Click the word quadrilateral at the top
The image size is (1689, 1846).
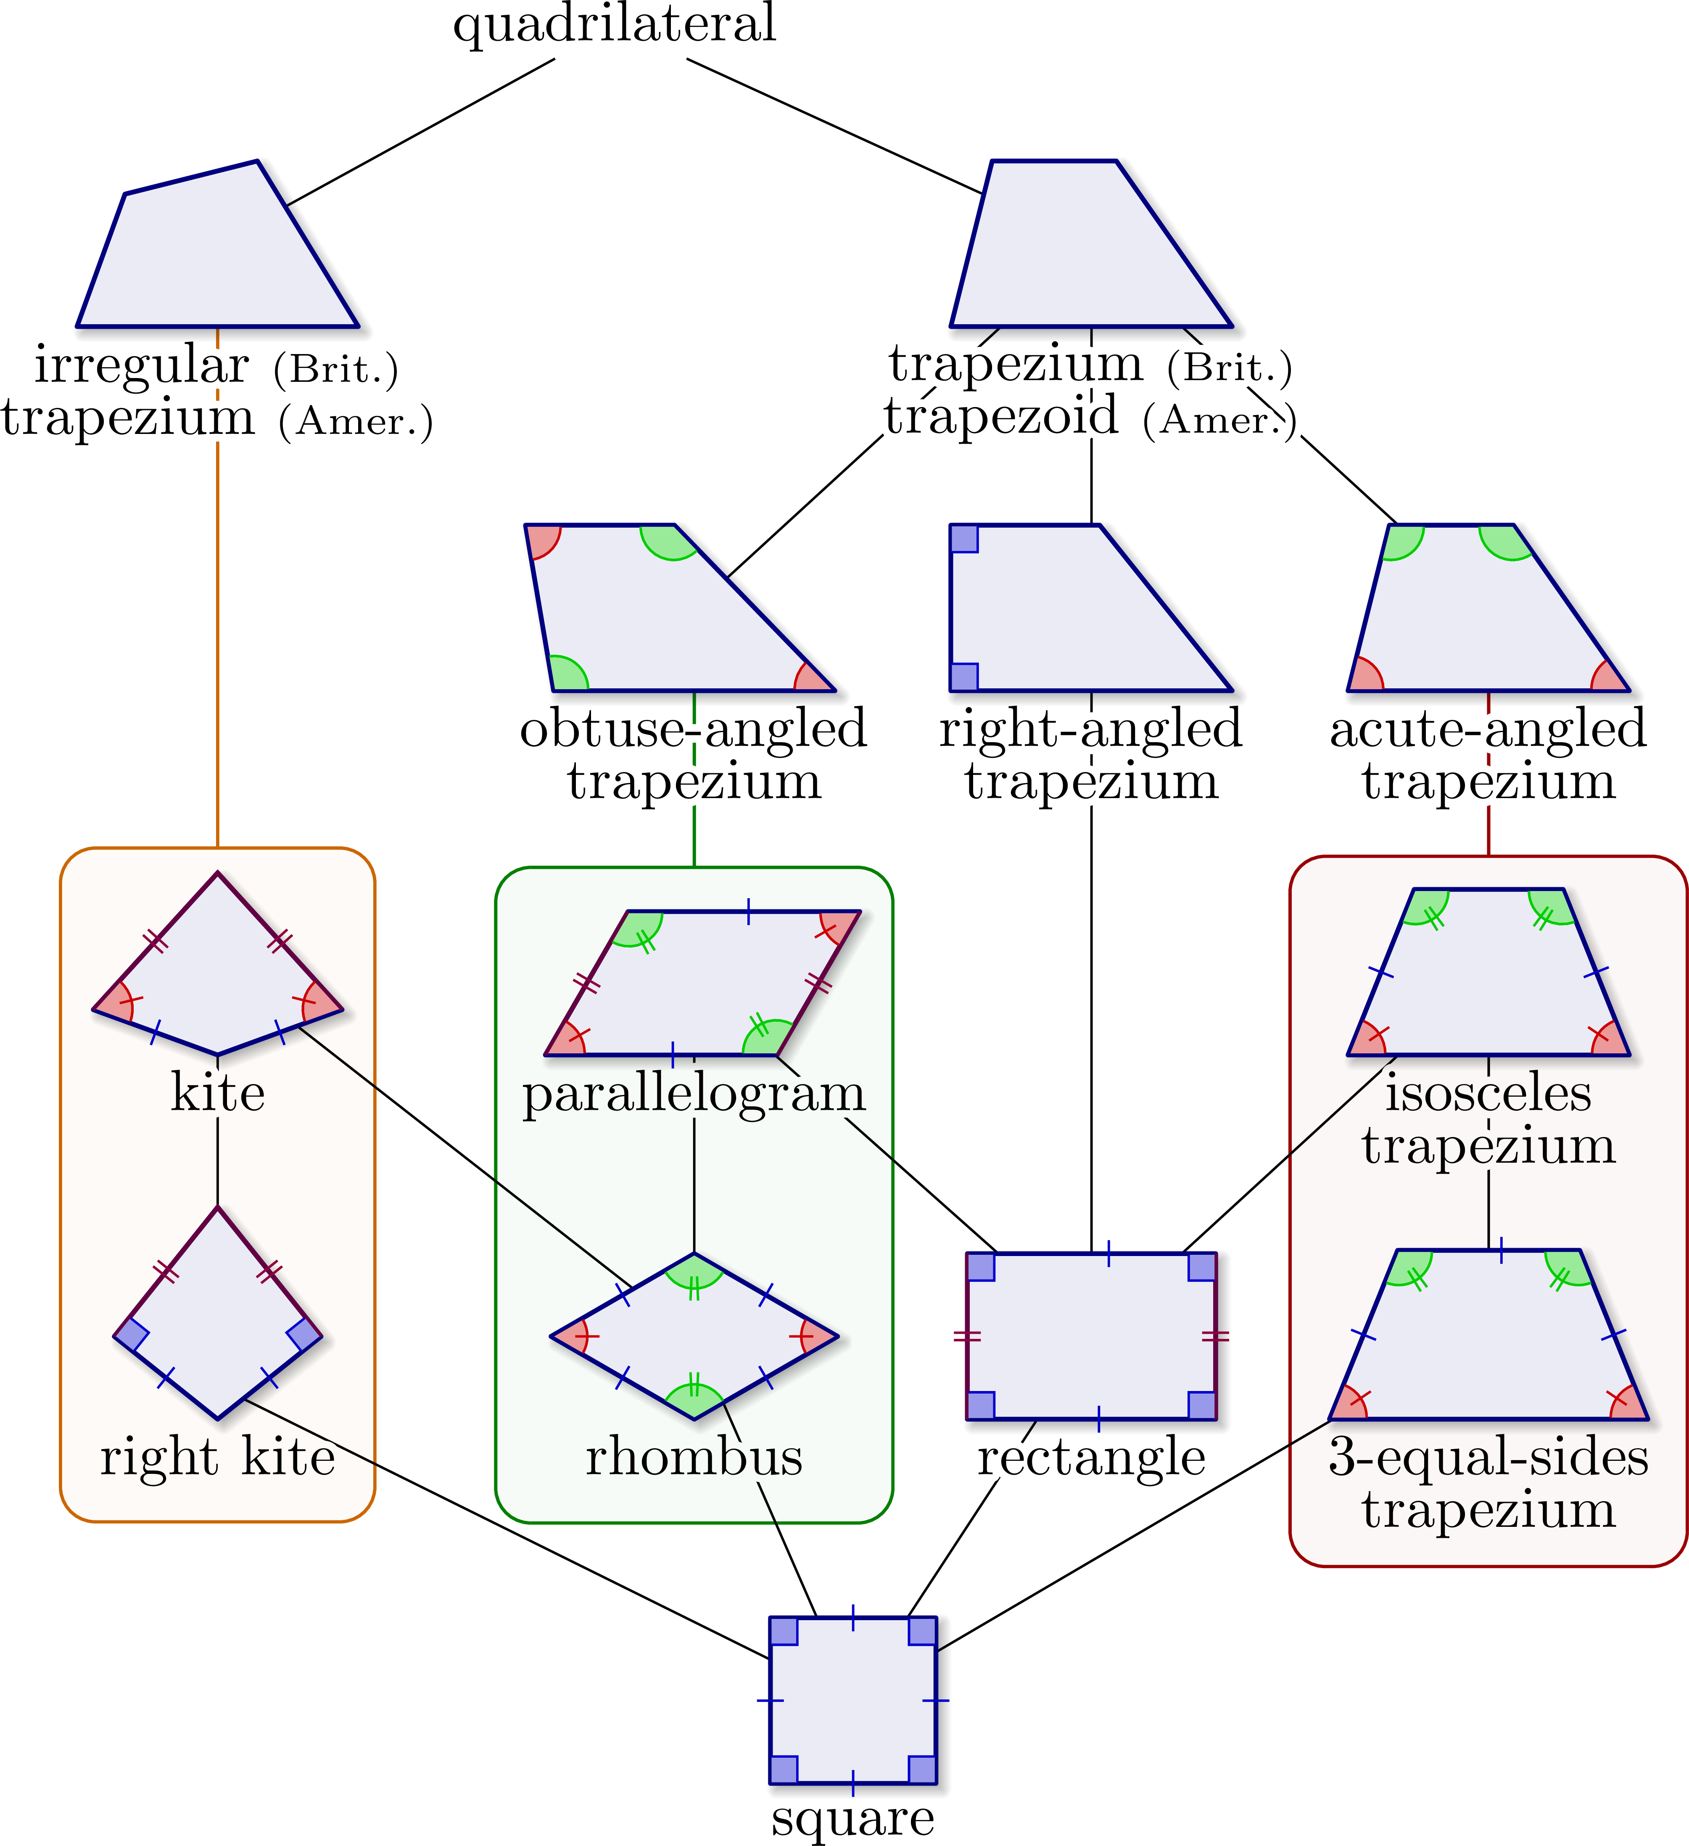coord(614,25)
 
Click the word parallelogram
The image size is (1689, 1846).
coord(694,1094)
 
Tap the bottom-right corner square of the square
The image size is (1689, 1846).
coord(922,1769)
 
